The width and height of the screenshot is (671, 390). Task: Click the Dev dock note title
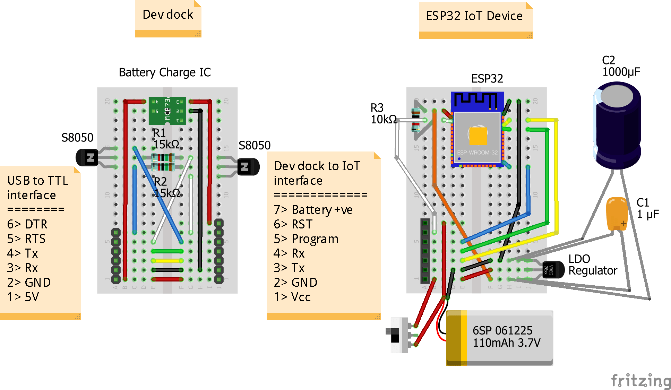click(168, 15)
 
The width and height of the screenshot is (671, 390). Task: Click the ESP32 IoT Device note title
click(474, 16)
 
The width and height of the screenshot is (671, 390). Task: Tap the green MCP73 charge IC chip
click(167, 111)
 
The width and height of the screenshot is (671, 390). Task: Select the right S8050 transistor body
click(248, 167)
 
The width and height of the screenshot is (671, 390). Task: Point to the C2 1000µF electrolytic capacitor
click(618, 125)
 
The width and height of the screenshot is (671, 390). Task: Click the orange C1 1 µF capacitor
click(617, 214)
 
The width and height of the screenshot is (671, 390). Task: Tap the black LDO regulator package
click(553, 270)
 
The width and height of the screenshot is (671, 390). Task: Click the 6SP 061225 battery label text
click(502, 330)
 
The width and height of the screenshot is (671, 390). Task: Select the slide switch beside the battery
click(399, 335)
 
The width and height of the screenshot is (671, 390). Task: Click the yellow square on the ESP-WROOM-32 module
click(478, 136)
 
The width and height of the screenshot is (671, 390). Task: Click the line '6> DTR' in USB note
click(27, 224)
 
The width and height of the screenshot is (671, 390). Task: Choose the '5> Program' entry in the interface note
click(306, 239)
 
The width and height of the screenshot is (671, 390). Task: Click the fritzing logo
click(641, 381)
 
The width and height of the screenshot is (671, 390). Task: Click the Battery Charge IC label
click(165, 72)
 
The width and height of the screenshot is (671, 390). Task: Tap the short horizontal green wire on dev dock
click(167, 251)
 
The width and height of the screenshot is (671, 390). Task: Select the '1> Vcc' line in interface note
click(292, 297)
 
